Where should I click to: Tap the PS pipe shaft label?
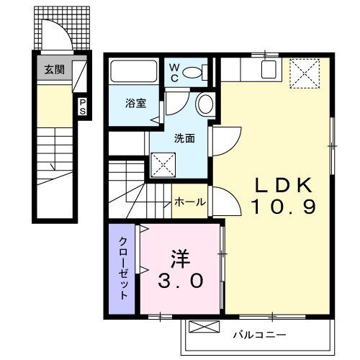pos(82,108)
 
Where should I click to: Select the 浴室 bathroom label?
pos(136,102)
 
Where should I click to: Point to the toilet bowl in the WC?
pos(192,73)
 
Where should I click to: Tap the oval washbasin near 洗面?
pos(204,104)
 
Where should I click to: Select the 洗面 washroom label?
pos(183,138)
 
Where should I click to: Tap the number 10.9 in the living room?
pos(274,207)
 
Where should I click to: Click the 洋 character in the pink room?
pos(181,258)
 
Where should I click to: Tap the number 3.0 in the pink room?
pos(181,279)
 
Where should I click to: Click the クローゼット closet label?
pos(123,268)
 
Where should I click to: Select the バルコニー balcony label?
pos(259,336)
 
